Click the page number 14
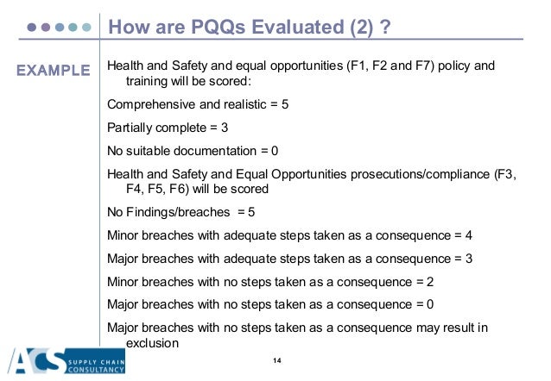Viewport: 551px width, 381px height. (x=277, y=359)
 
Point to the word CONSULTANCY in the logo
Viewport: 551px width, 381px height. (x=98, y=371)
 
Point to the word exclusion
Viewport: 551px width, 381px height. (x=152, y=342)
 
